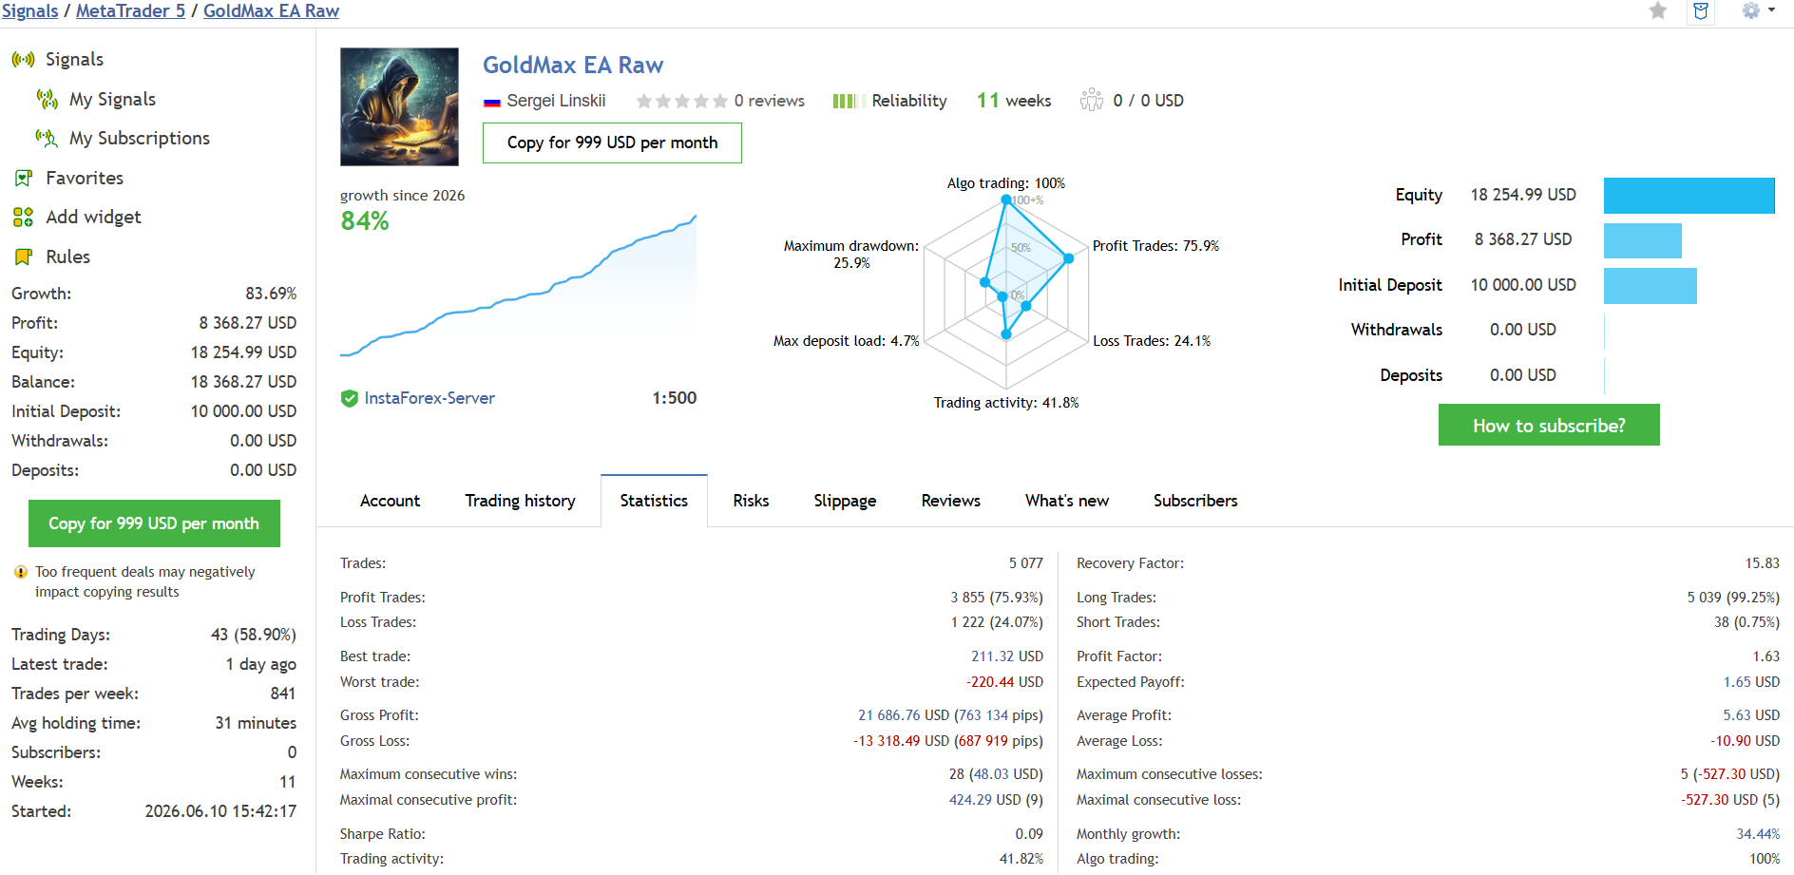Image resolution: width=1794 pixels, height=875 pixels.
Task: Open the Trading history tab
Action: pyautogui.click(x=520, y=501)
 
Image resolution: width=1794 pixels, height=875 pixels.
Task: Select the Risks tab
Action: pyautogui.click(x=751, y=501)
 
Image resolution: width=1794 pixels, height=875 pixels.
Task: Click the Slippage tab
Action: pyautogui.click(x=845, y=501)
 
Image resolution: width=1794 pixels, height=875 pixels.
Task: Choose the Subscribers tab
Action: pyautogui.click(x=1195, y=501)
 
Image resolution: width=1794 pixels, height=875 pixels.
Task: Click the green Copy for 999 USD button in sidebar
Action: pyautogui.click(x=154, y=523)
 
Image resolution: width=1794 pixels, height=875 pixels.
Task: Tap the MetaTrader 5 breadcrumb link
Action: pyautogui.click(x=130, y=11)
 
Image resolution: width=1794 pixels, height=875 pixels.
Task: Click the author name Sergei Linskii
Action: pyautogui.click(x=556, y=101)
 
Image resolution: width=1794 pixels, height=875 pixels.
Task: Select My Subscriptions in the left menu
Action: pyautogui.click(x=140, y=139)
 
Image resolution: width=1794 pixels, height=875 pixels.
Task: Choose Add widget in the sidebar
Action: pyautogui.click(x=93, y=218)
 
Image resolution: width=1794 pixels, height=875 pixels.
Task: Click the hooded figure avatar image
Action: pyautogui.click(x=399, y=106)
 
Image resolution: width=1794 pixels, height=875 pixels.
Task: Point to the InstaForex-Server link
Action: pyautogui.click(x=429, y=398)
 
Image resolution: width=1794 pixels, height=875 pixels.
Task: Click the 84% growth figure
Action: pyautogui.click(x=365, y=221)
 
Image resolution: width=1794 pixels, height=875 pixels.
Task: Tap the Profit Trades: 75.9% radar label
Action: pyautogui.click(x=1155, y=246)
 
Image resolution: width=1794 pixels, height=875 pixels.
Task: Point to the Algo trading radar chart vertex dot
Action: pyautogui.click(x=1006, y=200)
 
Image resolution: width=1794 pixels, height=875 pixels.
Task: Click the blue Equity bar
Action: pyautogui.click(x=1689, y=196)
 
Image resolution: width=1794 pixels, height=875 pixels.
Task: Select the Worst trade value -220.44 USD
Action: pyautogui.click(x=1004, y=682)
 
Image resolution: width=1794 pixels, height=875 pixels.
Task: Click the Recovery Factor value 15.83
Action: pyautogui.click(x=1762, y=563)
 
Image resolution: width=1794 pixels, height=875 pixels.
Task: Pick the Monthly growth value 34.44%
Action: pyautogui.click(x=1758, y=834)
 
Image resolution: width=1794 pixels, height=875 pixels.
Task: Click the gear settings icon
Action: pyautogui.click(x=1751, y=10)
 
